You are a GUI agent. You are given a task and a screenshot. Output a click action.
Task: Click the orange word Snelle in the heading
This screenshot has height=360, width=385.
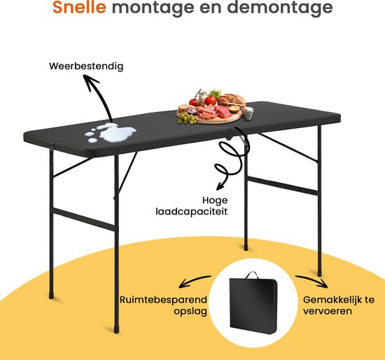79,7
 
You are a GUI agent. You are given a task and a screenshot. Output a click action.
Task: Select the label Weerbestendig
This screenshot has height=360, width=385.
86,67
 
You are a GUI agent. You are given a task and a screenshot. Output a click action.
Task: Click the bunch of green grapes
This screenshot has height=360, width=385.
187,118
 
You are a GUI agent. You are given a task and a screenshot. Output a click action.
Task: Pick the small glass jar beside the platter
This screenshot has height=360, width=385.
248,113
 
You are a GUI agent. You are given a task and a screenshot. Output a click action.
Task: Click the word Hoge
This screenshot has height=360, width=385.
215,200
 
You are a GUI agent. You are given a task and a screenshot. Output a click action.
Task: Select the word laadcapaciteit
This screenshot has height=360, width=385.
192,212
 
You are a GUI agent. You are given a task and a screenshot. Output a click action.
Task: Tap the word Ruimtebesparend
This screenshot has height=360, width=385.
163,300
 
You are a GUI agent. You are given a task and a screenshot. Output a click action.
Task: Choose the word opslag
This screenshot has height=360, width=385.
190,312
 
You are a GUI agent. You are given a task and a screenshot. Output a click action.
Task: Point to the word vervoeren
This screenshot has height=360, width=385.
328,311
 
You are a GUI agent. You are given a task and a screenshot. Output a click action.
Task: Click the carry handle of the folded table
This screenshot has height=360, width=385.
252,275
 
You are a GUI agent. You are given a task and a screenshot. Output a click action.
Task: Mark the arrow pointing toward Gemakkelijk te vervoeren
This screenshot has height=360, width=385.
311,279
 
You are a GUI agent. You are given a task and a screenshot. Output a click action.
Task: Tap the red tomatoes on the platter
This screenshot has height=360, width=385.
204,102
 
